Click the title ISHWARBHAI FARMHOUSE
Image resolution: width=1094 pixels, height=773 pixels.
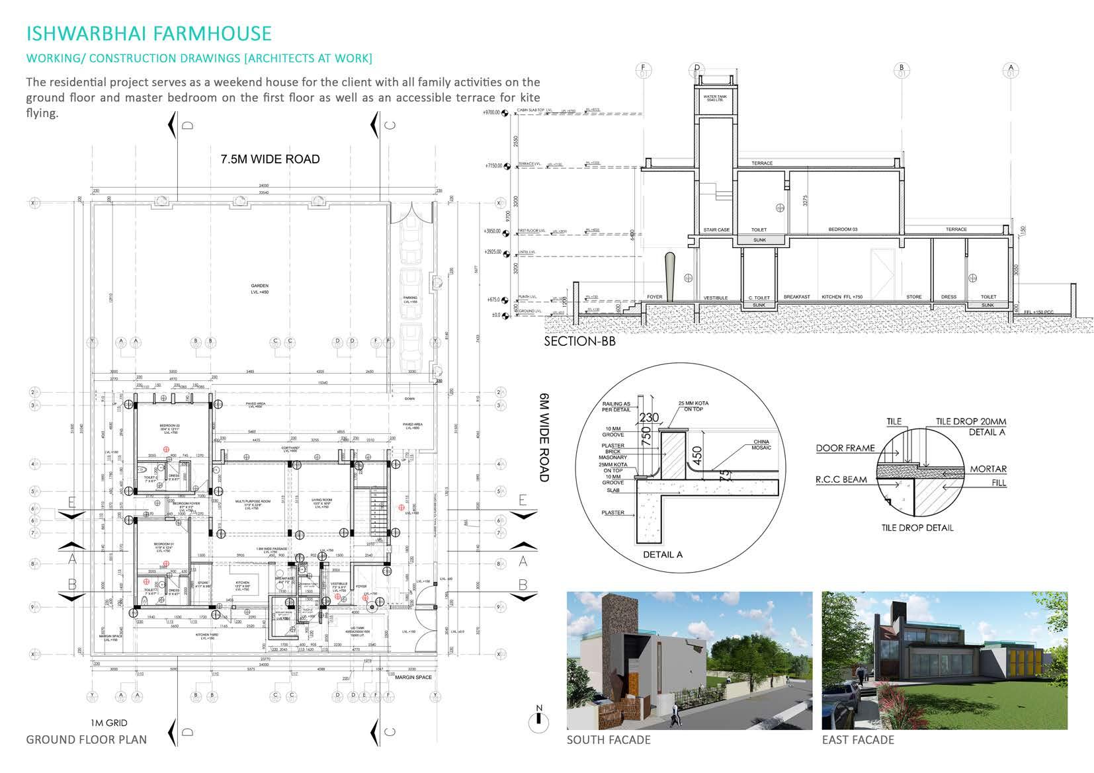[x=149, y=33]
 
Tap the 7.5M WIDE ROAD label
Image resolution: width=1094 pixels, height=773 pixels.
[x=270, y=159]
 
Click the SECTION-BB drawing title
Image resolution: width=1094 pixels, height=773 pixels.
[x=579, y=341]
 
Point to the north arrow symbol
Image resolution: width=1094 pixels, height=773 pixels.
[x=539, y=719]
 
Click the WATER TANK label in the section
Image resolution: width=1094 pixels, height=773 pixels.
[x=715, y=99]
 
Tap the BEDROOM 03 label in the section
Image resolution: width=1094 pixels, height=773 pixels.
[x=843, y=229]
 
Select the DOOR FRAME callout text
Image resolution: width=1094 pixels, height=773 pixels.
[x=845, y=448]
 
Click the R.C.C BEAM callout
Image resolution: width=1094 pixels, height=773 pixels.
[x=841, y=479]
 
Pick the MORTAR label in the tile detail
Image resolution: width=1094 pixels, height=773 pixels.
[x=988, y=469]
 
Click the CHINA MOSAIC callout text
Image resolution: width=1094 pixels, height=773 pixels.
[x=761, y=445]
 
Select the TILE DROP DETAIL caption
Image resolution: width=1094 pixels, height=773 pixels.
[x=917, y=528]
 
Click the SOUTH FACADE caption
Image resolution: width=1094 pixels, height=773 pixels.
[x=609, y=740]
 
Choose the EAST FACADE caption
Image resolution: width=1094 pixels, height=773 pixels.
[x=858, y=740]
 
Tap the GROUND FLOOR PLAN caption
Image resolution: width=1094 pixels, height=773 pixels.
[x=87, y=739]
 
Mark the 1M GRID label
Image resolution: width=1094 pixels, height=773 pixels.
[x=109, y=723]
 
